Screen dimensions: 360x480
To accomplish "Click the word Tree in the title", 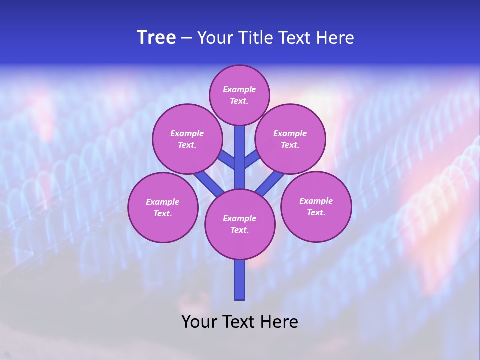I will (x=156, y=38).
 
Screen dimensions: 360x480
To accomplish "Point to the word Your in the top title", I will (x=216, y=38).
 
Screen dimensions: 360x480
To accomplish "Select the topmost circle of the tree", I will (x=239, y=95).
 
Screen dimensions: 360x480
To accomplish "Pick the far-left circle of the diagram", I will (x=163, y=207).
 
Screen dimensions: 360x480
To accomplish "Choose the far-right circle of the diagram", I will (x=316, y=206).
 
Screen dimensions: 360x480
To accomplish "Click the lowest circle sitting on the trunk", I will (x=240, y=224).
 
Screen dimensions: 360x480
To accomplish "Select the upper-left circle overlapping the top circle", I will (x=187, y=139).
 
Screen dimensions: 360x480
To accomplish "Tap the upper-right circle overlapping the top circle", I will (x=290, y=139).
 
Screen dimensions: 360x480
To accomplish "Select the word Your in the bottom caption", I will (x=200, y=322).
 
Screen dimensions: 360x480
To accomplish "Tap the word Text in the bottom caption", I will (x=239, y=322).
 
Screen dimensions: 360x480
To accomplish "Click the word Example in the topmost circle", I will (x=239, y=89).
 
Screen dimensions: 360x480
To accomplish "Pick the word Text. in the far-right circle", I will (x=316, y=212).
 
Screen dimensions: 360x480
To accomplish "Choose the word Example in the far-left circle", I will (x=163, y=202).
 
